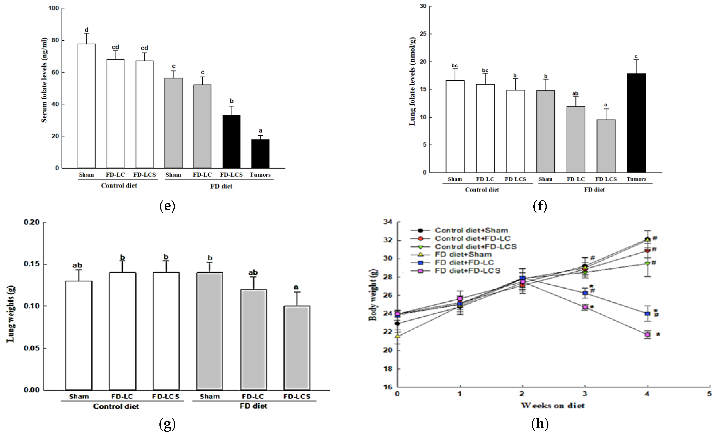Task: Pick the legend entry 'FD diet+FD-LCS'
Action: coord(467,271)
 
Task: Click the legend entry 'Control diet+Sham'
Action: coord(471,230)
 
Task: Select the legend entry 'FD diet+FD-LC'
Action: coord(464,262)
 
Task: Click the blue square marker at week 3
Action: coord(585,293)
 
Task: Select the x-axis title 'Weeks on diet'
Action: coord(553,406)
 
